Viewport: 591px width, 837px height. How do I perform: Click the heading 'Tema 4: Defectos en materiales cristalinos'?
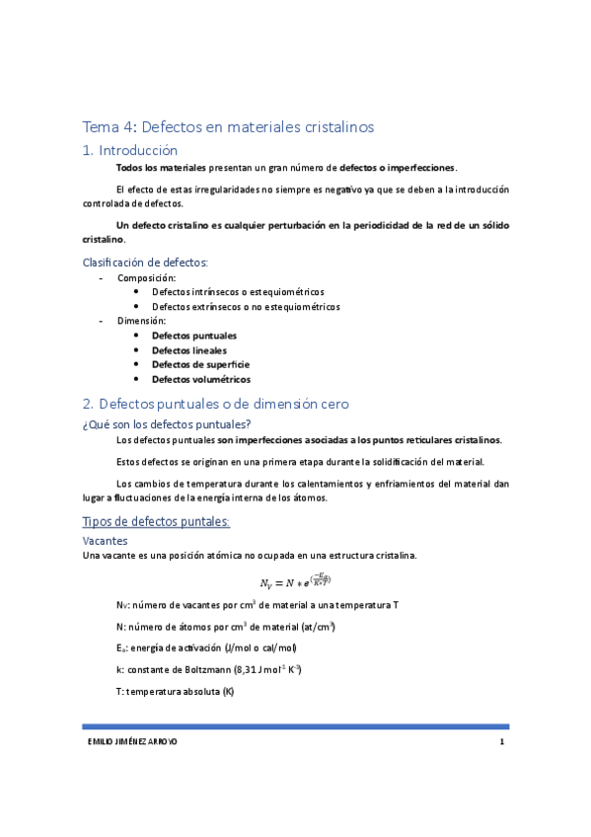pos(228,126)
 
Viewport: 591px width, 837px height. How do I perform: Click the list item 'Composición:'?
pos(146,277)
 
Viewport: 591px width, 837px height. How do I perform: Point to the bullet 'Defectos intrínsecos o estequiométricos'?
pos(238,292)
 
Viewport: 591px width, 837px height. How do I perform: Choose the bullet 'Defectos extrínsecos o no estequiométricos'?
pos(246,307)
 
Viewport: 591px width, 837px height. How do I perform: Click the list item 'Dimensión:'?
pos(142,321)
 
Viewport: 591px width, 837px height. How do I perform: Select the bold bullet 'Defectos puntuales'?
pos(194,336)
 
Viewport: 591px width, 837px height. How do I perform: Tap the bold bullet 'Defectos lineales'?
pos(189,350)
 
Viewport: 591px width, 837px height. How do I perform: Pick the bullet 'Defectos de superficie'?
pos(200,364)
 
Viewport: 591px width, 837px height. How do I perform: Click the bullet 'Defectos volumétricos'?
pos(200,379)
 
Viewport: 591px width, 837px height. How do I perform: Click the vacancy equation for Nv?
pos(295,580)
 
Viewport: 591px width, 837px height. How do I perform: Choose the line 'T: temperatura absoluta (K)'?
pos(175,692)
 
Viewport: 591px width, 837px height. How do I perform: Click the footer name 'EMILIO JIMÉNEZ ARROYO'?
pos(130,742)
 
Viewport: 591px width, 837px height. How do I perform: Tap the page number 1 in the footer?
pos(502,742)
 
